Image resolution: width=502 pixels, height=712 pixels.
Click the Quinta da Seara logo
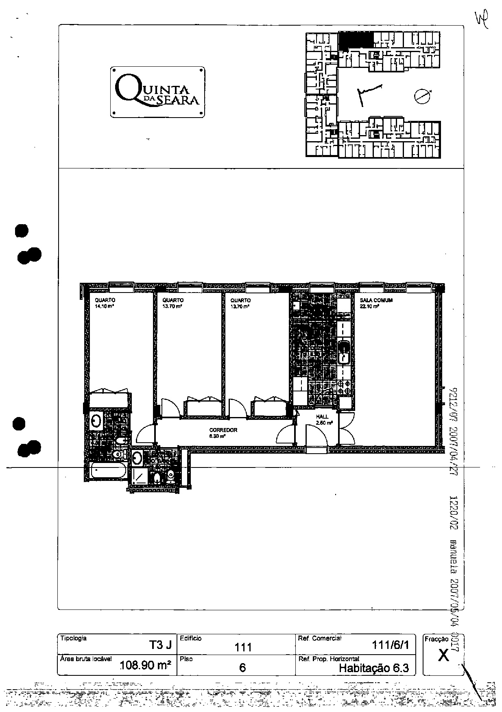157,92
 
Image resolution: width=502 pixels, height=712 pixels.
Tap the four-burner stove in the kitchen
345,387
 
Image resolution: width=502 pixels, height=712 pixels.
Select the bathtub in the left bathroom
109,471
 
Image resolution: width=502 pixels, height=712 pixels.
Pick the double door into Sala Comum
347,428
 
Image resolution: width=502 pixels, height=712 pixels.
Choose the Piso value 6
242,667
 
